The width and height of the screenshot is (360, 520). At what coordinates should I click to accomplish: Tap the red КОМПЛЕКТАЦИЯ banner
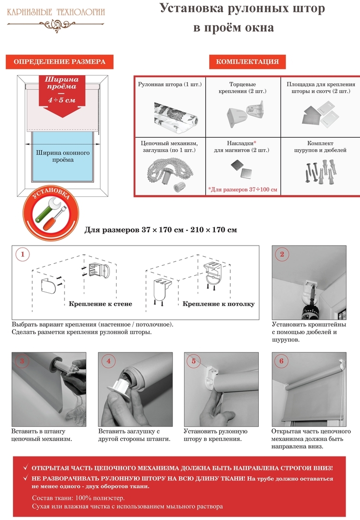point(247,62)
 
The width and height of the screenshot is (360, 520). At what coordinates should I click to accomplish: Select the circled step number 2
point(282,254)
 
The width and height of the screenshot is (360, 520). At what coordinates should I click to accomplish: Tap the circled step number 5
point(194,361)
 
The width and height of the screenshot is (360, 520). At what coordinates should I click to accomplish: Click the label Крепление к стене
point(100,304)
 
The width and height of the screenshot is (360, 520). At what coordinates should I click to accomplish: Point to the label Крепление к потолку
point(218,304)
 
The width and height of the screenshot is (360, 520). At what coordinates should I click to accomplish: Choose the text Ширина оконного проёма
point(61,156)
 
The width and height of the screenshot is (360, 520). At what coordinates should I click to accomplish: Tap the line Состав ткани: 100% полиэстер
point(78,497)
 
